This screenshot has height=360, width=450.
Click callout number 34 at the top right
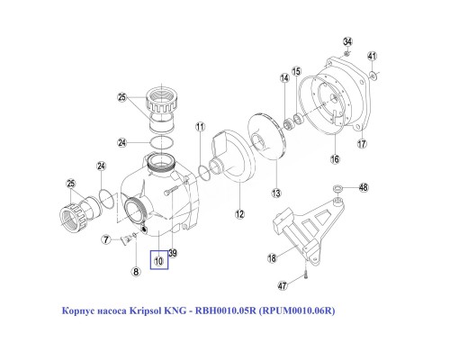tap(347, 41)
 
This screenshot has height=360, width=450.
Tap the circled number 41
tap(372, 56)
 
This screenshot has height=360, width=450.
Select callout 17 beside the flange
tap(362, 143)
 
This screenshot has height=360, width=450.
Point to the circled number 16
tap(334, 159)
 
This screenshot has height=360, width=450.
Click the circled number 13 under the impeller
tap(276, 193)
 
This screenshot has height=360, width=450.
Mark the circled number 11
tap(201, 127)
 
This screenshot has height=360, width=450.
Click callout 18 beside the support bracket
tap(272, 259)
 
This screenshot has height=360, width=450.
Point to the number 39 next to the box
tap(173, 254)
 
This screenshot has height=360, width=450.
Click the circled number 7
tap(105, 239)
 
